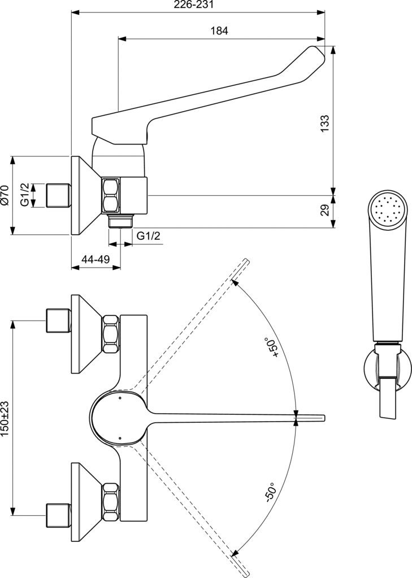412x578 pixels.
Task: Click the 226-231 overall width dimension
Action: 198,5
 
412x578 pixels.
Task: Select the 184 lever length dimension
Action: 219,32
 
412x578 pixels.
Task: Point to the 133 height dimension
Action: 324,124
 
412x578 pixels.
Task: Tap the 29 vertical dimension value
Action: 324,211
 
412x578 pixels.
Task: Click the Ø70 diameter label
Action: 5,195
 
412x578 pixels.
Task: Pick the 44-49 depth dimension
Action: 95,260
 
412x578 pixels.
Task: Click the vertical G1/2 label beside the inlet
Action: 25,195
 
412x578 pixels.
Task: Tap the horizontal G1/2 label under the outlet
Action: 148,236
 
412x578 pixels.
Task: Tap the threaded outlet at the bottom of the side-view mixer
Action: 120,220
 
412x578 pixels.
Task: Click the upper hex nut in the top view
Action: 111,335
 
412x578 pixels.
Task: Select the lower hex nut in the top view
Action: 111,500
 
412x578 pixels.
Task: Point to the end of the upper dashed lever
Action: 246,261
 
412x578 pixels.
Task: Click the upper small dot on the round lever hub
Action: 120,398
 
